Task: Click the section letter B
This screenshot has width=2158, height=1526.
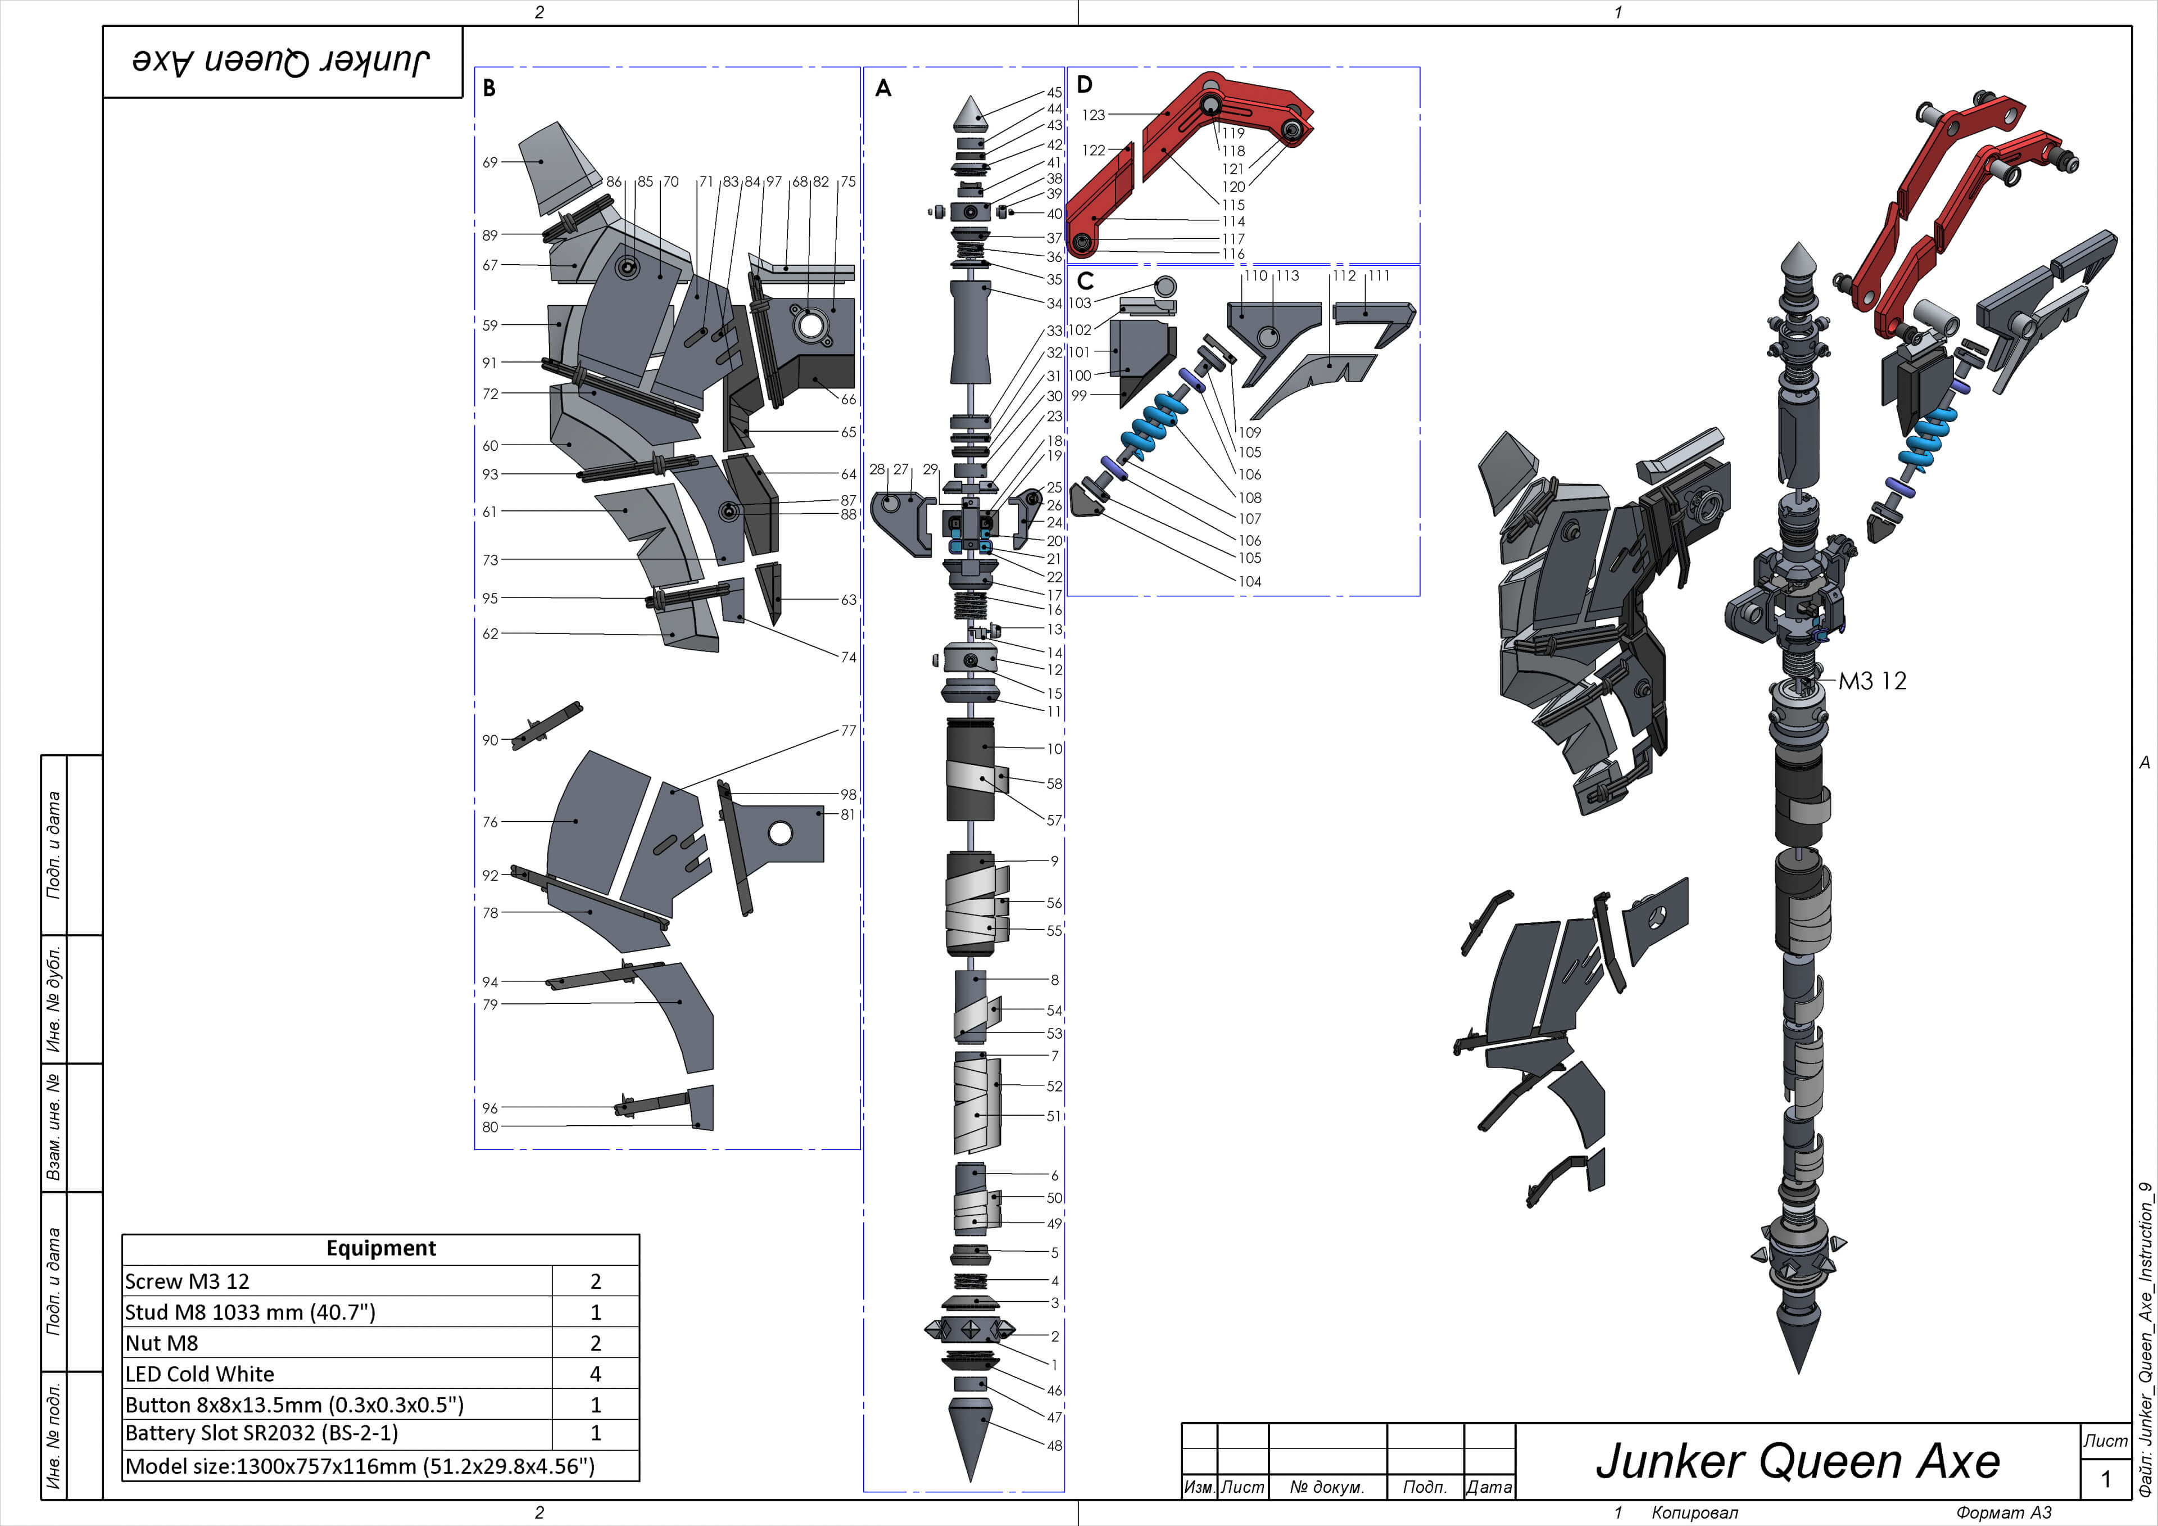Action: (x=489, y=88)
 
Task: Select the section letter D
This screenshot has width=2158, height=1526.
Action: (x=1085, y=85)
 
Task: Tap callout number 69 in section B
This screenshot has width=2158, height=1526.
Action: (x=489, y=162)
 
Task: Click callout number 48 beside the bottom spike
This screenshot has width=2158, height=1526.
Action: (x=1055, y=1445)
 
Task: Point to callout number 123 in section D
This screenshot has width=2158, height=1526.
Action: (x=1093, y=115)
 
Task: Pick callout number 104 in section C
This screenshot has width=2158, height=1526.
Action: (x=1249, y=581)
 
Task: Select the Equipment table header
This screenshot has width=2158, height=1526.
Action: (x=380, y=1248)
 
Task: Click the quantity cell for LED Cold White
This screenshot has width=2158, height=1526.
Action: (x=595, y=1374)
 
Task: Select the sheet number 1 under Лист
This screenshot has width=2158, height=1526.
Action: (x=2105, y=1479)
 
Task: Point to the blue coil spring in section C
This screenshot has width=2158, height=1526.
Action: (x=1154, y=424)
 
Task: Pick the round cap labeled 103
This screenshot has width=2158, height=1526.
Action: (x=1164, y=286)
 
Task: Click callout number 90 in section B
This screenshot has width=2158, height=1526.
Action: (x=489, y=740)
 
